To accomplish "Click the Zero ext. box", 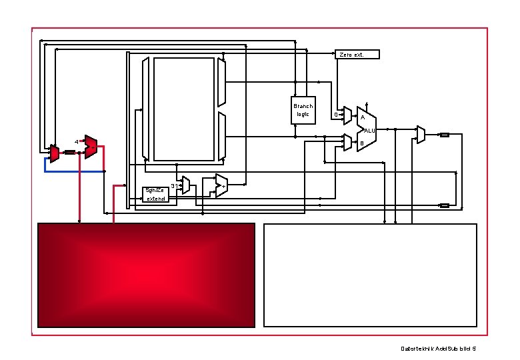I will [357, 54].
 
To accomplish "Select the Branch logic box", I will [303, 110].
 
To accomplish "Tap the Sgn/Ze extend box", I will [159, 194].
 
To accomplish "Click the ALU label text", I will [370, 131].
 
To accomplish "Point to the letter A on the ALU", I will [362, 118].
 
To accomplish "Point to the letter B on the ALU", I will [362, 143].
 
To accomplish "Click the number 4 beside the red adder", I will [77, 142].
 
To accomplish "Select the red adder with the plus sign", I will [91, 147].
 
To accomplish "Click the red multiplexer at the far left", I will [55, 154].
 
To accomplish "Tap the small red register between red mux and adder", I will [69, 152].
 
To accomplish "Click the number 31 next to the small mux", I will [174, 185].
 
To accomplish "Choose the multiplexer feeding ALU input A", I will [347, 116].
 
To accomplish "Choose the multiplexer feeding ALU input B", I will [347, 142].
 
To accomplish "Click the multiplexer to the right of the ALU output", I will [421, 135].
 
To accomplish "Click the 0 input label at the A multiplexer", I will [335, 115].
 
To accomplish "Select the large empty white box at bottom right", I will [371, 275].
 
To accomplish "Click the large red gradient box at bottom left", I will [146, 275].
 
